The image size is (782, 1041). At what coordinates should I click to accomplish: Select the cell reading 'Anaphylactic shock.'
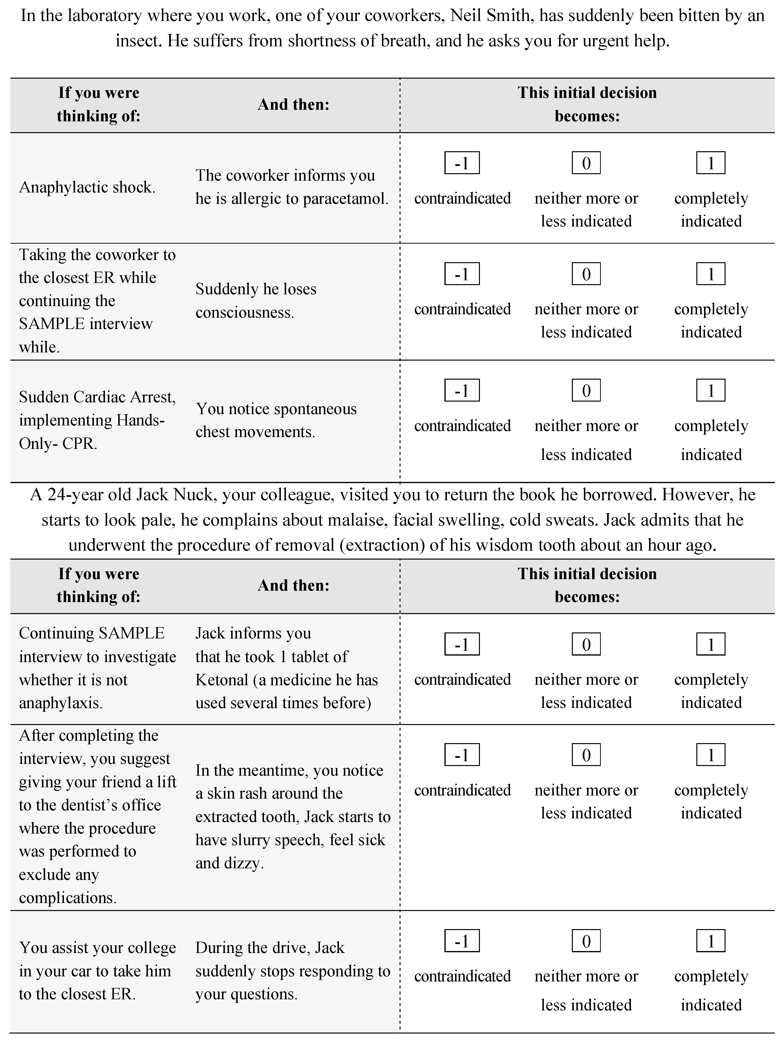[87, 187]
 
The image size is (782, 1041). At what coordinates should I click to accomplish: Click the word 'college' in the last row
[150, 947]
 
